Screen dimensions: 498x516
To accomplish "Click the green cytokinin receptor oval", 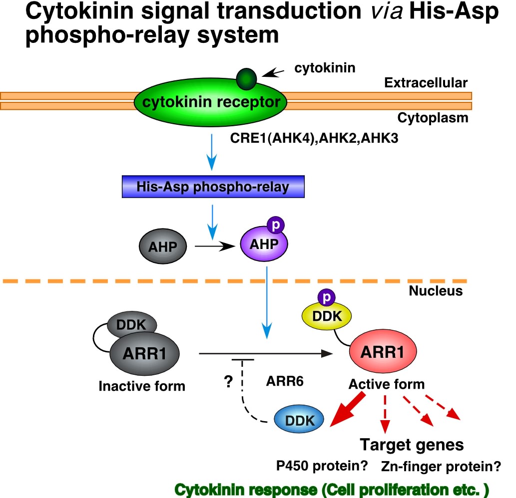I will [210, 103].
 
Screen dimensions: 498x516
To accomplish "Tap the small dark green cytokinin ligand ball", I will [246, 78].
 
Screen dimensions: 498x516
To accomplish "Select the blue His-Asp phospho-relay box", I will [213, 187].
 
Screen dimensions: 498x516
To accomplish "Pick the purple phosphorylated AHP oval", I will [260, 245].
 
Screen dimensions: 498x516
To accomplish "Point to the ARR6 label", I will [285, 382].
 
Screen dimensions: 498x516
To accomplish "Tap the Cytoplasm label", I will [433, 118].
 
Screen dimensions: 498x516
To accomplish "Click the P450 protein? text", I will [322, 467].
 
